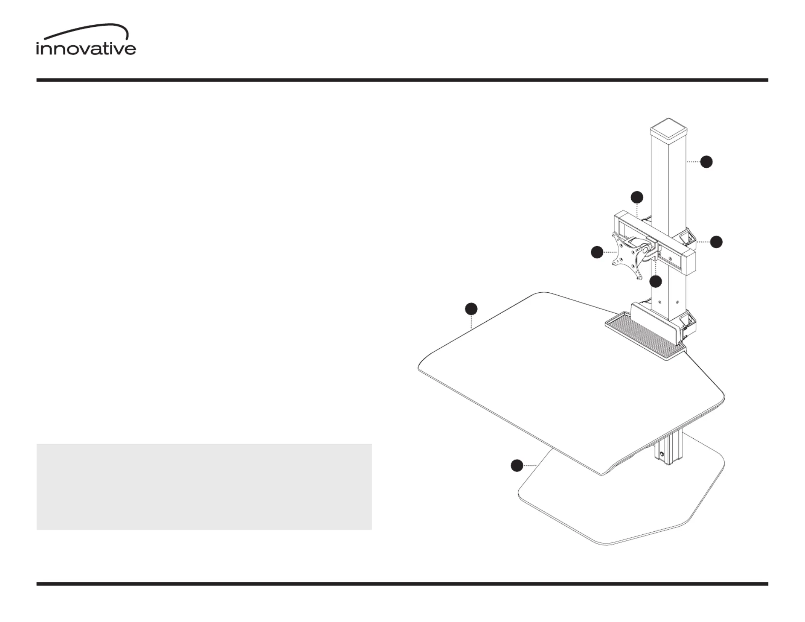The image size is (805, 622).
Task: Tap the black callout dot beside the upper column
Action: pos(707,162)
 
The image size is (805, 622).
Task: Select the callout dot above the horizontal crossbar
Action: pos(637,197)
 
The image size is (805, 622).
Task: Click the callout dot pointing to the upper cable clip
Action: pos(717,242)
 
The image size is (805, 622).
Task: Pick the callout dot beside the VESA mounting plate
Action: pos(597,252)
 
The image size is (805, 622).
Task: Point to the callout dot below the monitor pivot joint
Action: pos(656,282)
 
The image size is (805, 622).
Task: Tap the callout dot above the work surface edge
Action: pos(471,309)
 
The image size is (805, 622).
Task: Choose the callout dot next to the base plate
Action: pos(517,465)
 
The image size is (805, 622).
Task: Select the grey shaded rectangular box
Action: pos(204,486)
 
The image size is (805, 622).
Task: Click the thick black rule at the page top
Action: pos(402,80)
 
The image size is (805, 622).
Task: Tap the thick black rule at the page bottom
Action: pos(402,584)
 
